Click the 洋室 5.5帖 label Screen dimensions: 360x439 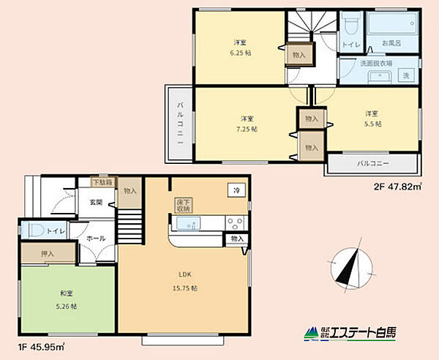pyautogui.click(x=372, y=118)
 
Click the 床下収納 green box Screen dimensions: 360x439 pyautogui.click(x=183, y=205)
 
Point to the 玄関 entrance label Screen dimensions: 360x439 pyautogui.click(x=96, y=203)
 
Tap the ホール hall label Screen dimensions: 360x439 pyautogui.click(x=96, y=239)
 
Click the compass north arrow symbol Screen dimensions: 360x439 pyautogui.click(x=348, y=266)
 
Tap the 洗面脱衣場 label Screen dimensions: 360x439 pyautogui.click(x=376, y=64)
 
